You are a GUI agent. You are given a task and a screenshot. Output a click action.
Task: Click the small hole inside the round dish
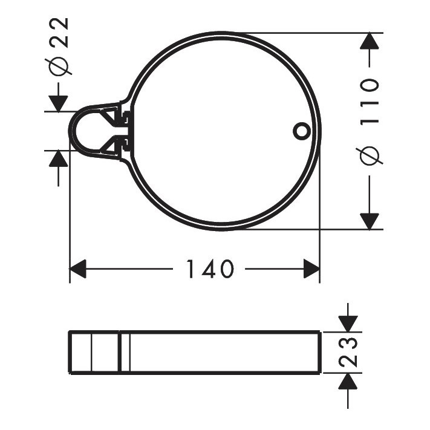(x=300, y=131)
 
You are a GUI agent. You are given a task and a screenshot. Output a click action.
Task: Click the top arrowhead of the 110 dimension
(x=370, y=42)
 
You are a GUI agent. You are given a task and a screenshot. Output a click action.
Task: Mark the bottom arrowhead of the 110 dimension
(x=370, y=221)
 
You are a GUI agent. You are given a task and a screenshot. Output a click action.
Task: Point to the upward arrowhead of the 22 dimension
(x=58, y=159)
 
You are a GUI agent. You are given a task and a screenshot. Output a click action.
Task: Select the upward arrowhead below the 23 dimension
(x=347, y=382)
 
